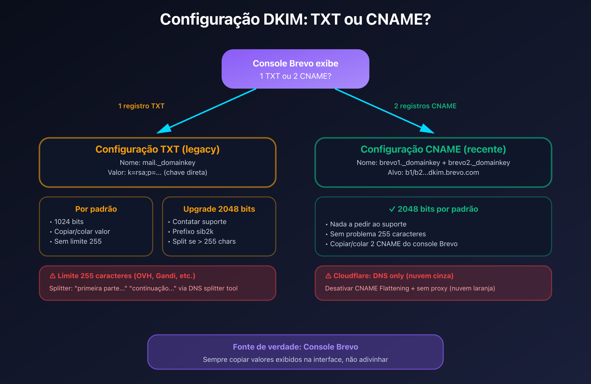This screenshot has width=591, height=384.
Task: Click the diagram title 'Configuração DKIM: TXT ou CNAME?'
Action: tap(295, 19)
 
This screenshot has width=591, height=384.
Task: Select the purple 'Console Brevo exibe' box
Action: tap(295, 69)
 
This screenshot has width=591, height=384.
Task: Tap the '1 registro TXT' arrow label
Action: tap(141, 106)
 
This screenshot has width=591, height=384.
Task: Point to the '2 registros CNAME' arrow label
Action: tap(425, 106)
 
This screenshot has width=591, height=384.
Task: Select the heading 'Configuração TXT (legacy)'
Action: tap(157, 149)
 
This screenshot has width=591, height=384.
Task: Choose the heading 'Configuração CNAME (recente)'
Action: tap(433, 149)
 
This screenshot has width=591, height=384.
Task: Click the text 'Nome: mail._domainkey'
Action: tap(157, 162)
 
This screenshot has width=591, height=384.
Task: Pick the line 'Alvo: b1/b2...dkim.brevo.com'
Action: tap(433, 172)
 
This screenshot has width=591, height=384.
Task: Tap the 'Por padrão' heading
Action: tap(96, 209)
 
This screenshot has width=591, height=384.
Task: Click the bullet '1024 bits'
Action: tap(69, 222)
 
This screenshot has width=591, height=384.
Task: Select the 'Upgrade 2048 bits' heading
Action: tap(219, 209)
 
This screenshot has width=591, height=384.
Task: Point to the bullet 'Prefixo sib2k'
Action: tap(193, 231)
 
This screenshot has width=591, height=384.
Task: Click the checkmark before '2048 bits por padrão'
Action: tap(392, 209)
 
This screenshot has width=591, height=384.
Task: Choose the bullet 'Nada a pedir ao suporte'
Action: tap(368, 224)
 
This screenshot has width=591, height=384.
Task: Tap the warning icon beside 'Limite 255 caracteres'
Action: tap(53, 276)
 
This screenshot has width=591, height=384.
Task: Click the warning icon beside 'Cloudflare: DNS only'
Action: tap(328, 276)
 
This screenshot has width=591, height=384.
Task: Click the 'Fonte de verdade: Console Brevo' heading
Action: tap(295, 347)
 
